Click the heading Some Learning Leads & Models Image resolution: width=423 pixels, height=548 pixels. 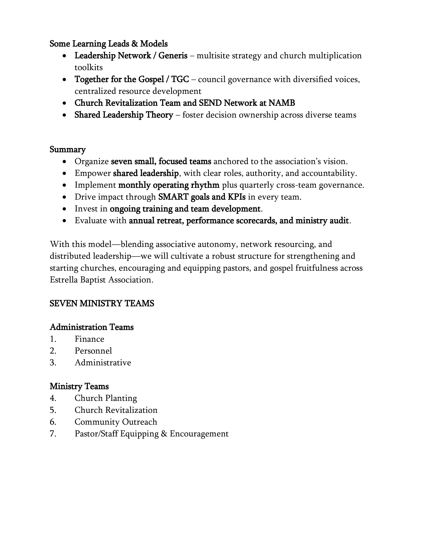(108, 44)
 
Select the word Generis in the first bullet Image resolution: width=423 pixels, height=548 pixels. (173, 56)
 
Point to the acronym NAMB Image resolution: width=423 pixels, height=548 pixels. (282, 103)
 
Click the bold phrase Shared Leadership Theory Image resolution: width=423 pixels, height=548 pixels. (124, 115)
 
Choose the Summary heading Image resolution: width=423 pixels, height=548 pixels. (68, 150)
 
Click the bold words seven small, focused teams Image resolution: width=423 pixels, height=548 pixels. (161, 161)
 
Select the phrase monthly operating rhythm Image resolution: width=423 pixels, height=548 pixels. (169, 185)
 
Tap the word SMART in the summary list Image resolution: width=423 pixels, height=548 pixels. (173, 197)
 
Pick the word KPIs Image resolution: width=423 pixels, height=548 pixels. (236, 197)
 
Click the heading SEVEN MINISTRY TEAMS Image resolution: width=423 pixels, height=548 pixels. (102, 304)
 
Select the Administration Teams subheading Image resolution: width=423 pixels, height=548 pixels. (91, 327)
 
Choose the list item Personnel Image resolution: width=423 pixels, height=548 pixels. (93, 351)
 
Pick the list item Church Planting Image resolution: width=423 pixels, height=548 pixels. (106, 398)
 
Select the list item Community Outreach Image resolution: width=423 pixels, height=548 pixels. (116, 422)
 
